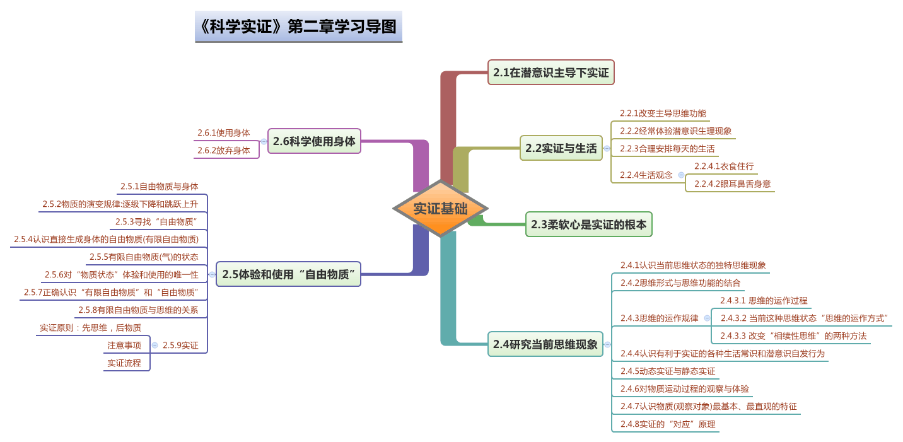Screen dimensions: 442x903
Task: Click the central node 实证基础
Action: (x=440, y=209)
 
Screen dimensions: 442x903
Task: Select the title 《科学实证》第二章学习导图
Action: (x=298, y=26)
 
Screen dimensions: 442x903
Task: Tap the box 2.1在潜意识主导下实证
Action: (x=551, y=73)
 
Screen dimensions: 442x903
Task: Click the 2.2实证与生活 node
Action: (x=561, y=148)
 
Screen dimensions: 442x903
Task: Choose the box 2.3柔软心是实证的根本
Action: (x=588, y=224)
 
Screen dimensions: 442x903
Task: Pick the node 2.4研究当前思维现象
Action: (x=545, y=344)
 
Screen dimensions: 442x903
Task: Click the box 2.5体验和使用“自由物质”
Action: (x=288, y=274)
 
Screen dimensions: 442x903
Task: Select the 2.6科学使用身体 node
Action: (x=314, y=141)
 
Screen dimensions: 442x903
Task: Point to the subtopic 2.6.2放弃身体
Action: (x=224, y=151)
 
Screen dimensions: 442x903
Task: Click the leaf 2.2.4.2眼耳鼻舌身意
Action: (x=732, y=184)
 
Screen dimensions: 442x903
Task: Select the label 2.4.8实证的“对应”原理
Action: (x=668, y=424)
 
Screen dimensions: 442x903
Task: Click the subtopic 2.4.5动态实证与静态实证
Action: (x=668, y=371)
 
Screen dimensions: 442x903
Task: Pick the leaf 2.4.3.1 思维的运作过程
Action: (x=764, y=301)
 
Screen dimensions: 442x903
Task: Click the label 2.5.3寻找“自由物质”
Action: (x=157, y=222)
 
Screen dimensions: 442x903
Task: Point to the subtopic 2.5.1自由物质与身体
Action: (x=160, y=187)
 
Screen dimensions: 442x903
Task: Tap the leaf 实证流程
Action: (x=124, y=363)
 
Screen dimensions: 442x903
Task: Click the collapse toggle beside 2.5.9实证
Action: (x=154, y=345)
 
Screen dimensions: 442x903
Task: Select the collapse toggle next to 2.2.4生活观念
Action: (x=681, y=175)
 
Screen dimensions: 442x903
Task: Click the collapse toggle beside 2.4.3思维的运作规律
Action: (x=707, y=318)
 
